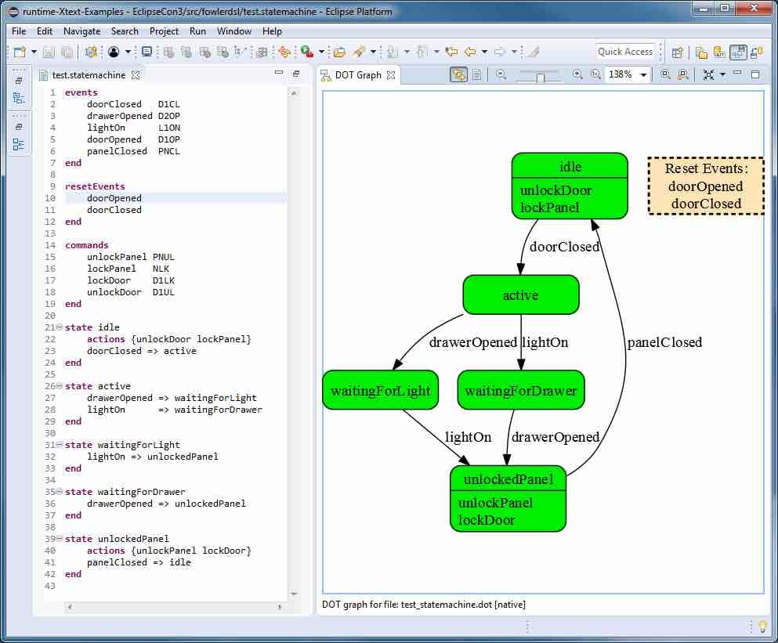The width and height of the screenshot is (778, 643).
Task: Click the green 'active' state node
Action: [x=521, y=294]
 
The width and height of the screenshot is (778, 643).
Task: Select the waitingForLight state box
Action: [x=381, y=390]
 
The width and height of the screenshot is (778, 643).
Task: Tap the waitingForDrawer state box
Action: [x=521, y=390]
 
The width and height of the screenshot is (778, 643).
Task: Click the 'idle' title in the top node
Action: [x=570, y=167]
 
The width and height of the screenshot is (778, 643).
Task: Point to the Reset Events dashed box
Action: [x=705, y=186]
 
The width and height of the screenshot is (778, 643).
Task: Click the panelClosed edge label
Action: [x=664, y=342]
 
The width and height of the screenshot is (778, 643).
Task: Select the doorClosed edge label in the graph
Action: [x=564, y=247]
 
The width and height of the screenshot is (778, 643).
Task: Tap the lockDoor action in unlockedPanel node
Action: [x=487, y=519]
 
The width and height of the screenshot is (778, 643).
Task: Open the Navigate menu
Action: [x=81, y=31]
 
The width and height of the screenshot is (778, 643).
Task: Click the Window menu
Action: [x=234, y=31]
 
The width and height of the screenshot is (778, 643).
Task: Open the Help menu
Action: [x=272, y=31]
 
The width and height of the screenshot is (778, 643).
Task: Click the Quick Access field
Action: [x=624, y=52]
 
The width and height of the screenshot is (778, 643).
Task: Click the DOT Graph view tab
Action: [x=357, y=75]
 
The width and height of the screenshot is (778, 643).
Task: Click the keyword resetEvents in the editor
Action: [x=95, y=186]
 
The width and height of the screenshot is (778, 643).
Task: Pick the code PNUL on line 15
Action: [x=164, y=257]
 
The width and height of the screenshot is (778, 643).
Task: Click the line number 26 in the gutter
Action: [x=50, y=386]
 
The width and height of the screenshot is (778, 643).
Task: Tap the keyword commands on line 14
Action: [x=87, y=245]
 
